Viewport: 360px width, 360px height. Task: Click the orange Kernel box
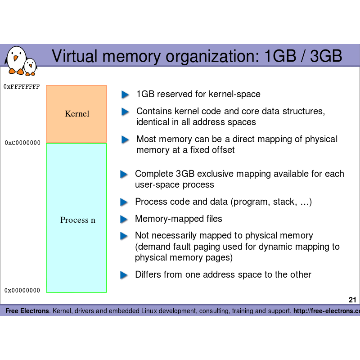[76, 113]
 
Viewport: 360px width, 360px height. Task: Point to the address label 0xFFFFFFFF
[22, 86]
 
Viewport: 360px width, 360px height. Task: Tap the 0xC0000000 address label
[22, 143]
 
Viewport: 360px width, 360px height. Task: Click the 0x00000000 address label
[22, 291]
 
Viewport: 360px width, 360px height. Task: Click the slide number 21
[352, 300]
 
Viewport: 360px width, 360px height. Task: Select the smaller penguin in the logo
[30, 67]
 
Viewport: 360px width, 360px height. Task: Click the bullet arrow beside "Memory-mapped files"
[124, 220]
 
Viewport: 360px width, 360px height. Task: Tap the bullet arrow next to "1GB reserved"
[125, 94]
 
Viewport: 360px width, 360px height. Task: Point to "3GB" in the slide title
[326, 56]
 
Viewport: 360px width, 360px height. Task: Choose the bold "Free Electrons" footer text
[27, 311]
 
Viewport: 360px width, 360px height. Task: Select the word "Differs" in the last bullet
[148, 274]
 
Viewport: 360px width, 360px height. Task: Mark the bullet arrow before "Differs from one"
[124, 275]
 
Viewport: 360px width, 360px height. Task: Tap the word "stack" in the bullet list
[283, 202]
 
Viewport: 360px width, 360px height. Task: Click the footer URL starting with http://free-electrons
[326, 311]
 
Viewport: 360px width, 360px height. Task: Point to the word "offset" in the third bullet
[221, 150]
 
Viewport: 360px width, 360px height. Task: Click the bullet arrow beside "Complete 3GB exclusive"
[124, 174]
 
